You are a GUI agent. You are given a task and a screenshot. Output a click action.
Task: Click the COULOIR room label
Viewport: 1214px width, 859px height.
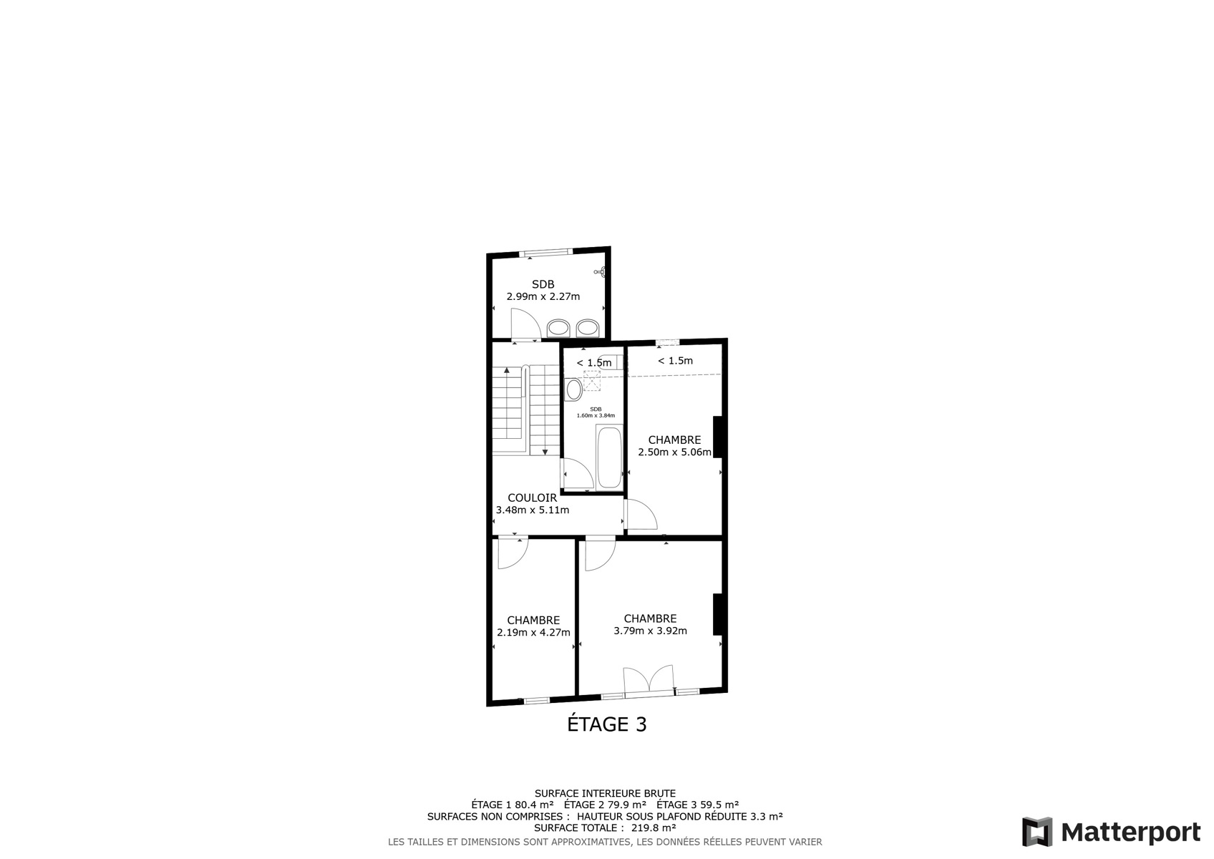533,498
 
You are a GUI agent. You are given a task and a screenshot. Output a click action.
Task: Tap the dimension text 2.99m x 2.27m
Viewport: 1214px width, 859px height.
543,296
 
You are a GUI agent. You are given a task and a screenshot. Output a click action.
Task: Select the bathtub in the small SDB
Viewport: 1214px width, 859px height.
609,457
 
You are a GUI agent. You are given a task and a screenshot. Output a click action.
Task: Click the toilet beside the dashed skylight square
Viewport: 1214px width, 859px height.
573,389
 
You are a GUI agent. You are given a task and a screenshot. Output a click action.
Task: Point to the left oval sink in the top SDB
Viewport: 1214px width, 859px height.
558,328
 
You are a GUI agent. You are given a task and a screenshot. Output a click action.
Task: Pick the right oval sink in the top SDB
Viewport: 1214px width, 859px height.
588,328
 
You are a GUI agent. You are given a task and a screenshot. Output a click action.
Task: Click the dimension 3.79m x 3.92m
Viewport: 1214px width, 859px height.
651,631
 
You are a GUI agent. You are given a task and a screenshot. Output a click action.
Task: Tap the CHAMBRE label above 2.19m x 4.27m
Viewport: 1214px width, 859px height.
533,620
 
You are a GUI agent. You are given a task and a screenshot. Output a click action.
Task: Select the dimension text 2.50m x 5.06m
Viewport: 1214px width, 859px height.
675,452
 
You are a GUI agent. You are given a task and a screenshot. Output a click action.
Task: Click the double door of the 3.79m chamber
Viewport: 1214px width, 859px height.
649,679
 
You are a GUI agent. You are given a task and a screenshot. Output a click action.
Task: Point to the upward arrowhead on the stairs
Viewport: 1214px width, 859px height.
507,370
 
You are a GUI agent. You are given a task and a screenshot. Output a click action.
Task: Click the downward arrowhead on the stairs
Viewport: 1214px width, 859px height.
545,452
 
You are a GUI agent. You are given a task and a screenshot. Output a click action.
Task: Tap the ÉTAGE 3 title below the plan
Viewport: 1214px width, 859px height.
607,724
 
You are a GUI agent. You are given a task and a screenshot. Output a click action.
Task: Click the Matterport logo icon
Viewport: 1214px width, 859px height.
1037,832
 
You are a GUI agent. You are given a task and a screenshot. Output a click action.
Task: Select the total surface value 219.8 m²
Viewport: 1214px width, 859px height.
654,828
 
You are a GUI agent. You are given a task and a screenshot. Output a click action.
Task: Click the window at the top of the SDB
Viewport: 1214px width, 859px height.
545,252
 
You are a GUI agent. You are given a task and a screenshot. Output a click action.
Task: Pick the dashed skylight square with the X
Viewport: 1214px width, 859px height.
593,380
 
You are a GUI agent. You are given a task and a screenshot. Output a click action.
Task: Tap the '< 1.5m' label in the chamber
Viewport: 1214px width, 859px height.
675,360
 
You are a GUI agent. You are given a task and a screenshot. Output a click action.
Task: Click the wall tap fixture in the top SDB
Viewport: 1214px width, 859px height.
601,272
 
